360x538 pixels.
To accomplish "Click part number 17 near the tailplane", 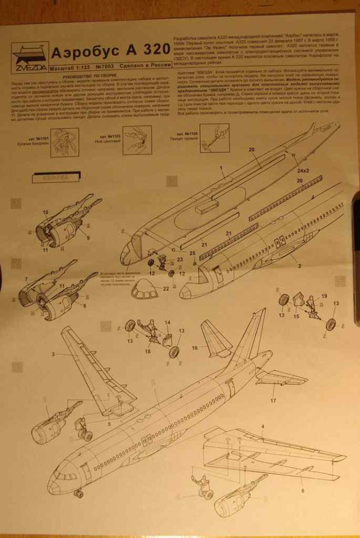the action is point(273,401).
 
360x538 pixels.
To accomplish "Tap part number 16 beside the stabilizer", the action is point(195,349).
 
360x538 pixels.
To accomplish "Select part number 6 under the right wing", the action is point(302,490).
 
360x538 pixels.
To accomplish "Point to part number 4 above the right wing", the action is point(262,427).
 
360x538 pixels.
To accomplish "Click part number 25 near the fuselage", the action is point(193,254).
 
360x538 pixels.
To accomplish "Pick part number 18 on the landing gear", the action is point(147,351).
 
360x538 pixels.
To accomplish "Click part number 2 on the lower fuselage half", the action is point(293,264).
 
